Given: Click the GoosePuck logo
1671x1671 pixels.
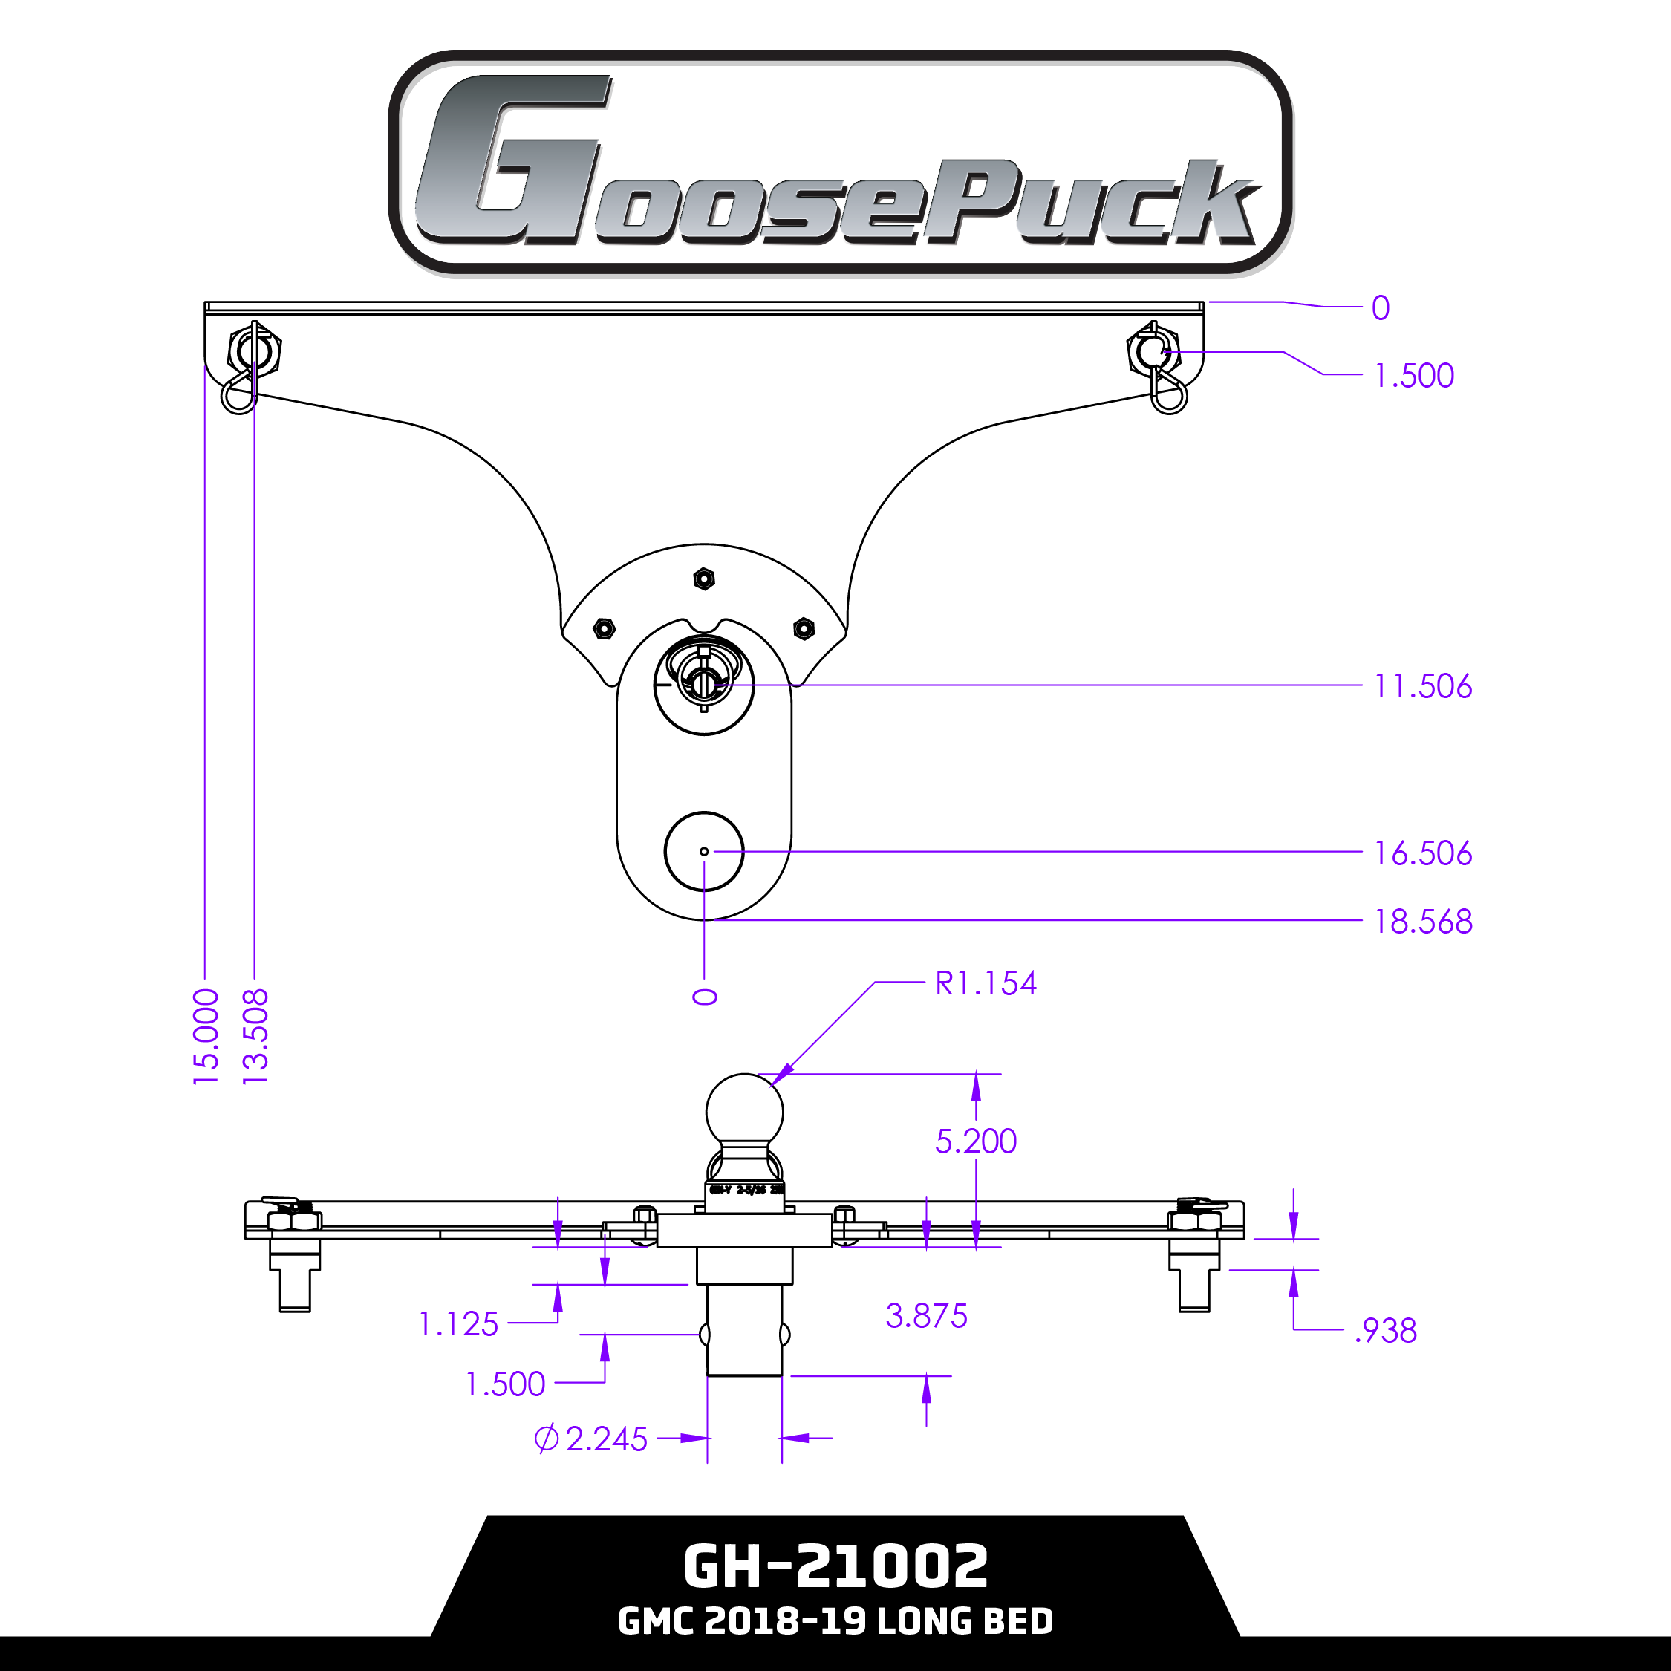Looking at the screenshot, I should tap(839, 163).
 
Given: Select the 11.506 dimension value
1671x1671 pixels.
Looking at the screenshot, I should tap(1423, 687).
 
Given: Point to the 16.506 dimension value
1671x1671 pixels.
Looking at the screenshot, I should tap(1423, 853).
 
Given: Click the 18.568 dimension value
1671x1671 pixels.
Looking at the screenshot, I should tap(1423, 922).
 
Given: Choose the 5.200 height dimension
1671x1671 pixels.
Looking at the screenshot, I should tap(976, 1141).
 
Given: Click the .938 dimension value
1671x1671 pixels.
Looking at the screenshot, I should tap(1386, 1331).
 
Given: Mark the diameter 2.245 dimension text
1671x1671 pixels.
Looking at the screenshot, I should tap(592, 1439).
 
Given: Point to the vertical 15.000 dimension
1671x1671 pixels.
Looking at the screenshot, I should tap(206, 1037).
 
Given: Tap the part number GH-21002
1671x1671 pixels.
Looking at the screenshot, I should tap(835, 1566).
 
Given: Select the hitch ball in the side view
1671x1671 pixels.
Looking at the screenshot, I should tap(745, 1113).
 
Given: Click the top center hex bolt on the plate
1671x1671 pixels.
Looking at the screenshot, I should tap(704, 578).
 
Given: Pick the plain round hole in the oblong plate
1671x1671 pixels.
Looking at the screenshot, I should tap(704, 851).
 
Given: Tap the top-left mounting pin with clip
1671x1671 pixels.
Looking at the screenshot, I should tap(252, 353).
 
